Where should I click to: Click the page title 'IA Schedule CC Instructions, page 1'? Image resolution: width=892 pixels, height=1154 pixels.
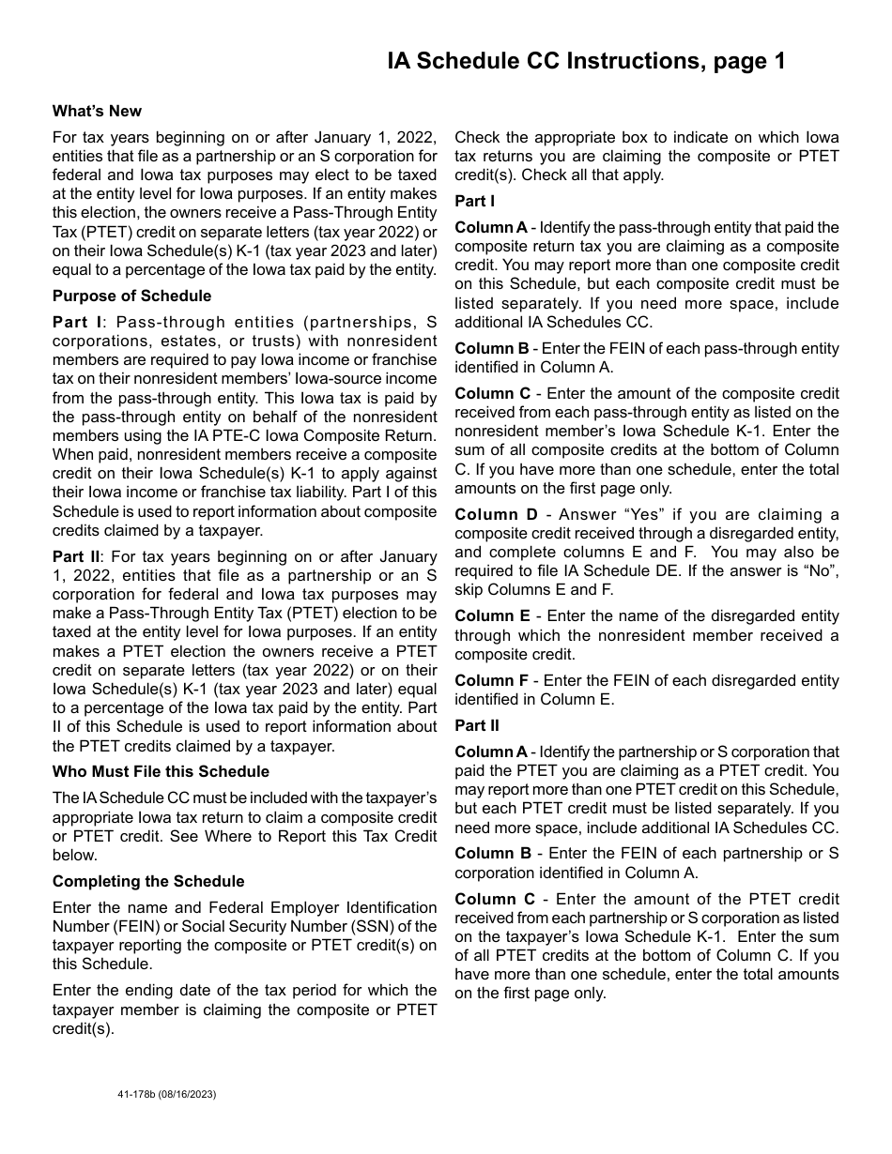[x=586, y=62]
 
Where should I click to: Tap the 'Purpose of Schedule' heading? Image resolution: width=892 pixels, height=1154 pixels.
[x=131, y=296]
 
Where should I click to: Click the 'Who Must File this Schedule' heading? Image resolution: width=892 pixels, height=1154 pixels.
[x=161, y=771]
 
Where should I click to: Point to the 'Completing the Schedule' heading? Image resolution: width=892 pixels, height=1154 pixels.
[x=148, y=881]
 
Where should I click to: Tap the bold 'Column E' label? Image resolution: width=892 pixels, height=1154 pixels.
[x=492, y=616]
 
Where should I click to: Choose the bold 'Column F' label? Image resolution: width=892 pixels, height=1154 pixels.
[x=492, y=680]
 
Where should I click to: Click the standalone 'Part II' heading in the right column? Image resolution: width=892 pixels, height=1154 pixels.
[x=477, y=725]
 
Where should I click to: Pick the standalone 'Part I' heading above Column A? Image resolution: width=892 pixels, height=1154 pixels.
[x=475, y=201]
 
